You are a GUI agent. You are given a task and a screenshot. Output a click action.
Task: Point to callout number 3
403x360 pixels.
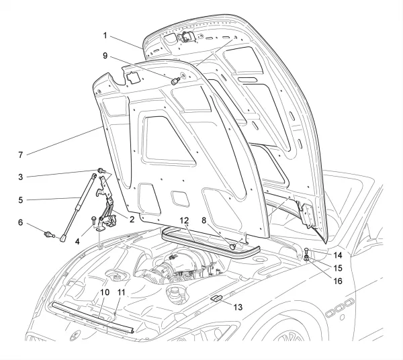(21, 177)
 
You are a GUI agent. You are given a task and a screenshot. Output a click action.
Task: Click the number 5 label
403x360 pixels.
(21, 199)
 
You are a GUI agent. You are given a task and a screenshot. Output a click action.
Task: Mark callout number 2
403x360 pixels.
(132, 219)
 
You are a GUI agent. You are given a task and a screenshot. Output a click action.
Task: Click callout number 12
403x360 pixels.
(183, 220)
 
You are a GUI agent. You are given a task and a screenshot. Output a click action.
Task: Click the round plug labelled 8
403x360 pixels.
(234, 246)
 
